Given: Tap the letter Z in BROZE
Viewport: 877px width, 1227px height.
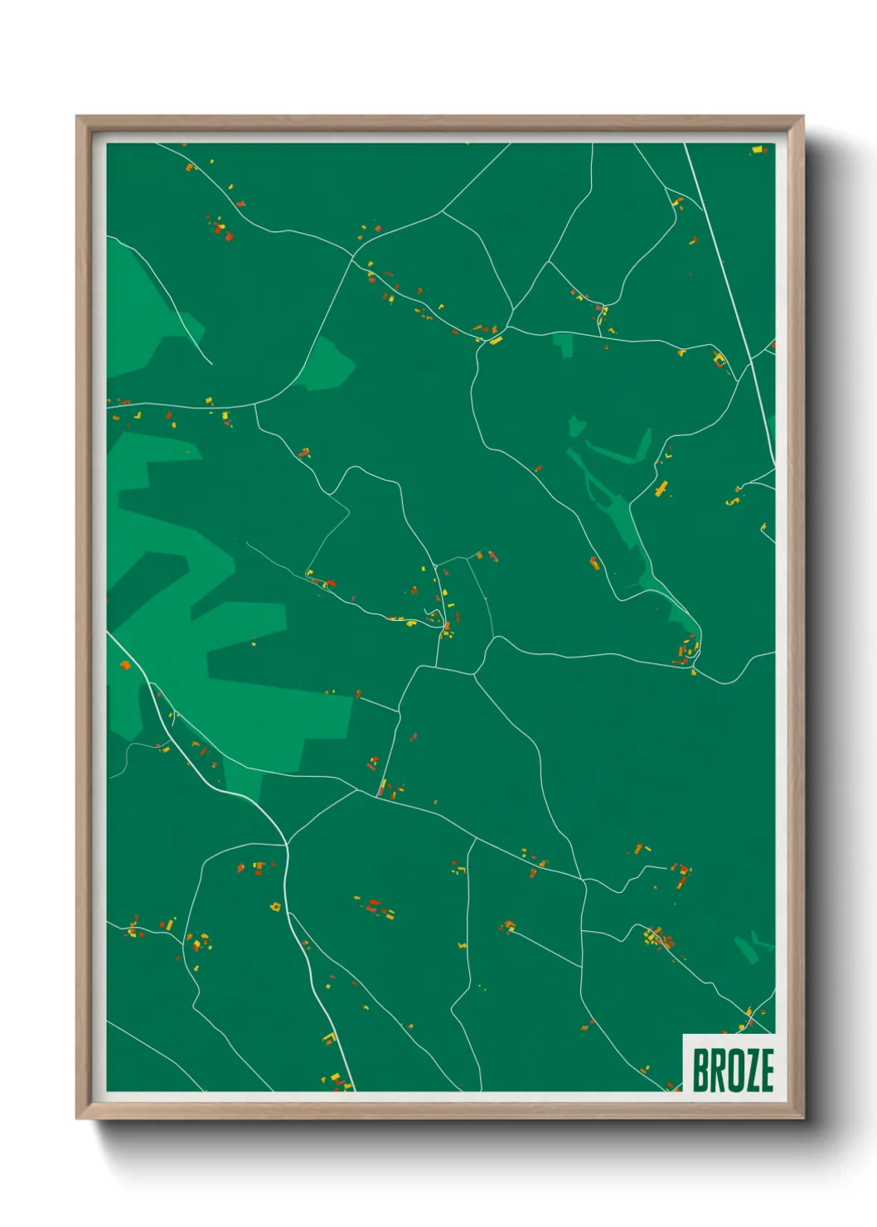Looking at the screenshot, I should (x=749, y=1070).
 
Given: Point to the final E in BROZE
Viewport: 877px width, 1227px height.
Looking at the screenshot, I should (x=766, y=1070).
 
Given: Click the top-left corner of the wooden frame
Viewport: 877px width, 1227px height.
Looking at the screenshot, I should (x=77, y=117).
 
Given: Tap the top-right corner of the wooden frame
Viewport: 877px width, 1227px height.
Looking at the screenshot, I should (x=802, y=117).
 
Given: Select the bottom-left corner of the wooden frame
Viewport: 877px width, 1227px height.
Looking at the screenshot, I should (x=77, y=1118).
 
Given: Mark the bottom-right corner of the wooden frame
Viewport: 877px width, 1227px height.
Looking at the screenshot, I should (x=802, y=1118).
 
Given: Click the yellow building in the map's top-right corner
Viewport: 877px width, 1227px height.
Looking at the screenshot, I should (x=757, y=150).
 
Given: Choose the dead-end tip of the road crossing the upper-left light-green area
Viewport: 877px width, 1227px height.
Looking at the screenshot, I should (x=211, y=363).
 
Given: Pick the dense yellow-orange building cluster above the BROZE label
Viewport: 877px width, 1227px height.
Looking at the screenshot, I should (x=659, y=938).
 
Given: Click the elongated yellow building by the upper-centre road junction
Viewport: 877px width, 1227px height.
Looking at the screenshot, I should (x=496, y=340).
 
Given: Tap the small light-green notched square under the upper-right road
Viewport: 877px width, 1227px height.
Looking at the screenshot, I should (x=564, y=344).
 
